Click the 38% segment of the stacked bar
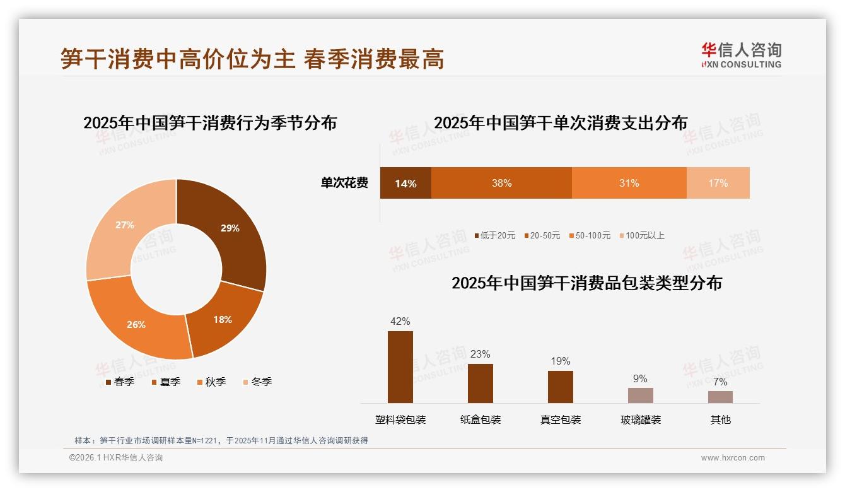501,183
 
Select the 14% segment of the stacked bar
405,183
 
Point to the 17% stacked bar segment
718,183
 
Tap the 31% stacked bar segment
629,183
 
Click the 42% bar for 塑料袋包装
400,367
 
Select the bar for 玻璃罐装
640,395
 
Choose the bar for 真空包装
560,387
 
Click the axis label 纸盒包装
481,419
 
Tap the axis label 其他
720,419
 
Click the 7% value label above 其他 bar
720,382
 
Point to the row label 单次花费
344,183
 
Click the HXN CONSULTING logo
741,56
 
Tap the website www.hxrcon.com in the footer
733,458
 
